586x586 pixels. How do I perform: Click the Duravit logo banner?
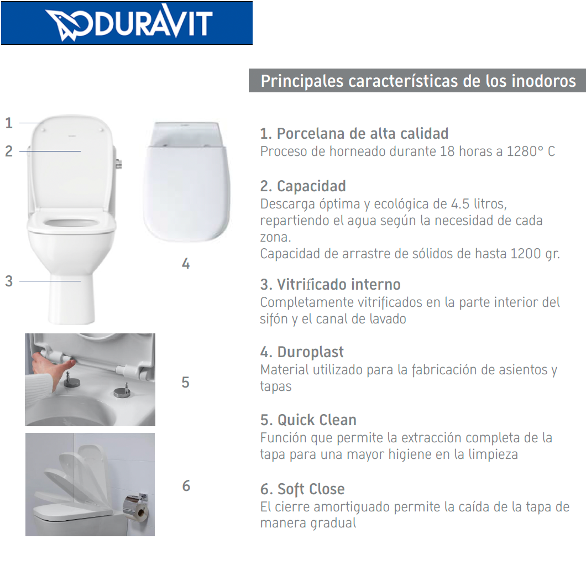click(127, 23)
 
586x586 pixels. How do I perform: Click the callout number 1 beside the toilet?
click(9, 123)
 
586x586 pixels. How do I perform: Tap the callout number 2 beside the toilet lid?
click(9, 151)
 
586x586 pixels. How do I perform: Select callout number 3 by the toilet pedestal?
click(9, 281)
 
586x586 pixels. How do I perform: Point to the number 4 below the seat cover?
click(186, 264)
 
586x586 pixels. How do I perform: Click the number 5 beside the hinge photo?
click(186, 383)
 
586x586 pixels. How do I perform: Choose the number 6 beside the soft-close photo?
click(186, 486)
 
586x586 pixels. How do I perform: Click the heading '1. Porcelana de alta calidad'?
click(354, 134)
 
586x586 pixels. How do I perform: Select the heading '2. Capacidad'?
click(303, 186)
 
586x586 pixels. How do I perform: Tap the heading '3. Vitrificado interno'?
click(330, 285)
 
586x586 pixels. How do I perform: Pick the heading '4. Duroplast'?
click(302, 352)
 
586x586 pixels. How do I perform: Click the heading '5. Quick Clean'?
click(308, 420)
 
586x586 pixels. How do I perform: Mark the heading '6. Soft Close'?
click(302, 489)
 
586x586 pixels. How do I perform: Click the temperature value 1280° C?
click(531, 151)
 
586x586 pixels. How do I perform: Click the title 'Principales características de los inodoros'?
click(418, 81)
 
